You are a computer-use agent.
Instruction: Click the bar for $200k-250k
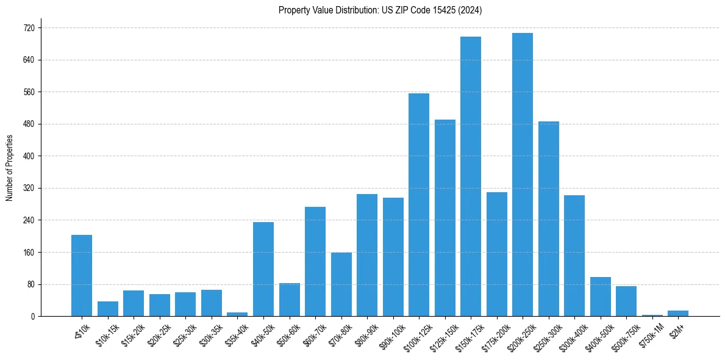(523, 175)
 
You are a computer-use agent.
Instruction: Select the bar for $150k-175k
(471, 176)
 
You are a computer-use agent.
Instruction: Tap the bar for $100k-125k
(419, 204)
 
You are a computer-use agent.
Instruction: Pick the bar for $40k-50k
(263, 269)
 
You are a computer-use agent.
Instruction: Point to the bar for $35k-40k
(237, 314)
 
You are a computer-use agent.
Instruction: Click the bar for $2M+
(678, 314)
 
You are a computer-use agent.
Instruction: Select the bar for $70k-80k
(341, 284)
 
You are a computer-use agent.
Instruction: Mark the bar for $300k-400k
(574, 256)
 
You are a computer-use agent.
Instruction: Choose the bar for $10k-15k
(108, 309)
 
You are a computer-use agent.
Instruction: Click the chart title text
(380, 10)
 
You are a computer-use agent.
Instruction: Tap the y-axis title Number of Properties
(9, 168)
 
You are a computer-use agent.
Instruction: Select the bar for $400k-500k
(601, 297)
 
